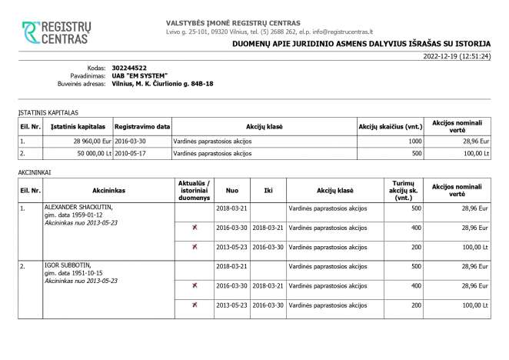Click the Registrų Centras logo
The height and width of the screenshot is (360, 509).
pyautogui.click(x=58, y=32)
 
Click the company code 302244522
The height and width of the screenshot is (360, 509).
pyautogui.click(x=129, y=68)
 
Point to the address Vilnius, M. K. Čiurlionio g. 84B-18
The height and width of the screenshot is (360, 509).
pyautogui.click(x=162, y=84)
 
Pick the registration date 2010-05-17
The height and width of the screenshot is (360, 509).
pyautogui.click(x=131, y=153)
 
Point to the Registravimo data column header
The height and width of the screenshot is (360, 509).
pyautogui.click(x=142, y=125)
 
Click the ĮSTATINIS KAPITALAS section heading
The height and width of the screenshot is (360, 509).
pyautogui.click(x=48, y=112)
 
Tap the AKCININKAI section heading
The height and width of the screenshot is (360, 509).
pyautogui.click(x=35, y=173)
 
